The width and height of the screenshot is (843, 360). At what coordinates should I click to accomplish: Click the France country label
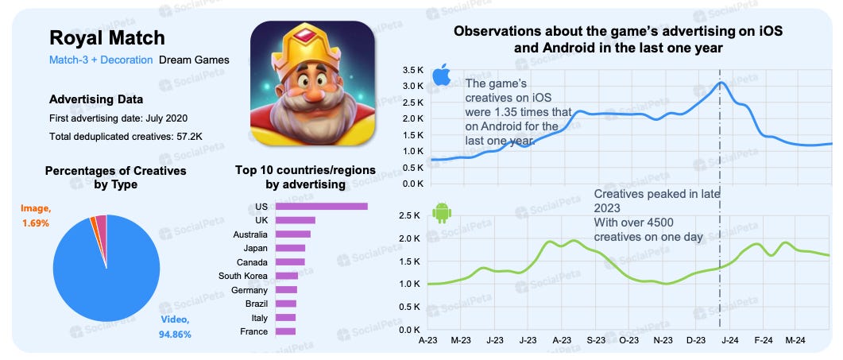[253, 331]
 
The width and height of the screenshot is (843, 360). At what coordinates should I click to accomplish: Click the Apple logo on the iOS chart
[441, 78]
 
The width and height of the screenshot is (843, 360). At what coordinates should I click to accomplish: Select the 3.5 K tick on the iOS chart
[414, 70]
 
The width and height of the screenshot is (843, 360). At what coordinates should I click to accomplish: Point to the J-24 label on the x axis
[729, 340]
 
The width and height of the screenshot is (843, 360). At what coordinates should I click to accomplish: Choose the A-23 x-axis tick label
[429, 340]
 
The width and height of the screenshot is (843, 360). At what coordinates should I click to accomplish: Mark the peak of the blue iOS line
[721, 83]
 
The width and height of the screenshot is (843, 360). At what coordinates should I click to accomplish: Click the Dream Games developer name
[194, 60]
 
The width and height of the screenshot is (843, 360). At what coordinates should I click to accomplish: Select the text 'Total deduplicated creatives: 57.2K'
[126, 137]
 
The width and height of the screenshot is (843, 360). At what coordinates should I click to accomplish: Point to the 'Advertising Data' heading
[96, 99]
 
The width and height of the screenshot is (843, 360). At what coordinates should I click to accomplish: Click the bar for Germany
[286, 289]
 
